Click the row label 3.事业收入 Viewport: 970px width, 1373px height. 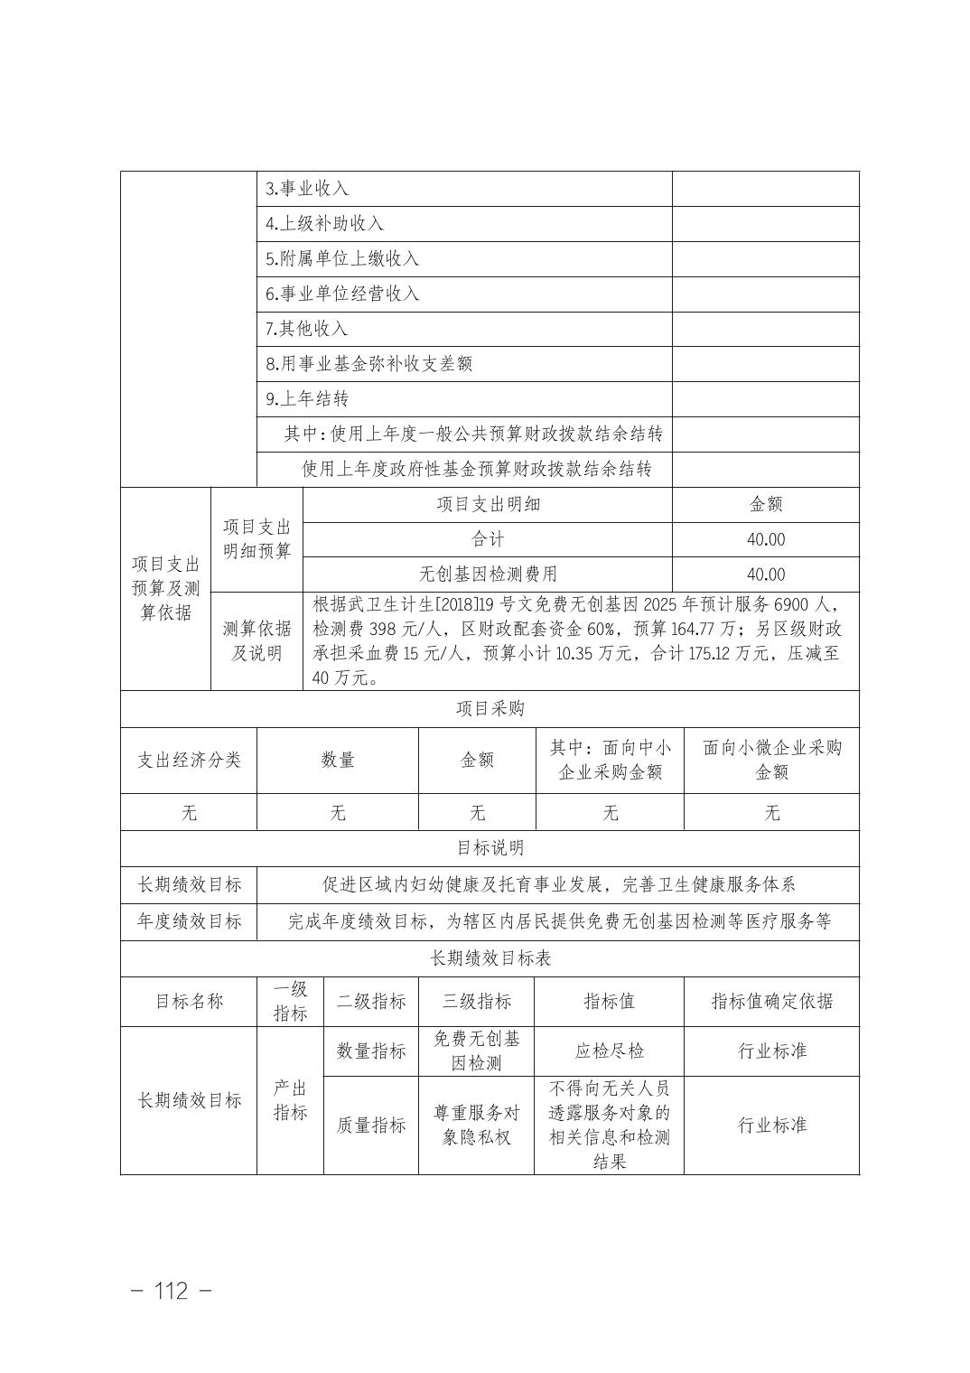point(307,189)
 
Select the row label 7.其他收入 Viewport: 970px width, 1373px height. point(307,329)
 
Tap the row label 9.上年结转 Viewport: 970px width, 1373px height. point(307,398)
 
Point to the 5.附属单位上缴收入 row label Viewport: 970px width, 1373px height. point(342,258)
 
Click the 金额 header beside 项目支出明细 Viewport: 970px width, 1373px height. point(766,504)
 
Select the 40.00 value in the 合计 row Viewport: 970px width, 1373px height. point(766,539)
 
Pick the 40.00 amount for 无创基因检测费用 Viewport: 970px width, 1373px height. point(766,574)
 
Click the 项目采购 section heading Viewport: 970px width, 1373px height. point(490,709)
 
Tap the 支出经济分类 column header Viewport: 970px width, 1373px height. point(189,760)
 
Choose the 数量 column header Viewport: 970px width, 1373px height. point(338,760)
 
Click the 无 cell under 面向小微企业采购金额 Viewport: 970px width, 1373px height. point(771,813)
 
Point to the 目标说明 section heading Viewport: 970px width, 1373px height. point(490,848)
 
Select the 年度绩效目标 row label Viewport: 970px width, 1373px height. point(189,921)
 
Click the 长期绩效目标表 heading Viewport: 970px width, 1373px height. point(490,958)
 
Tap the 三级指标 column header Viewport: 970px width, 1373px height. point(476,1001)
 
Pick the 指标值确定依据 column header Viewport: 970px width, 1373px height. point(771,1001)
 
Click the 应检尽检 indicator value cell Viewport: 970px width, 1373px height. point(610,1051)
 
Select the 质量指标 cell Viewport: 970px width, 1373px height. point(371,1125)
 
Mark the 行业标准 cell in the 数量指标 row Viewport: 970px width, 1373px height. point(771,1051)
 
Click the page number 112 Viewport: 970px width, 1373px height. point(172,1291)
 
